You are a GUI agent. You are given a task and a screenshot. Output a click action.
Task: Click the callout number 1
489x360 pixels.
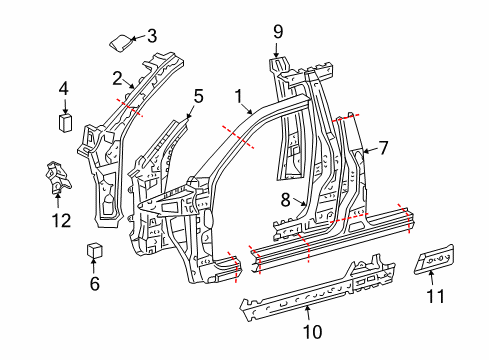click(x=239, y=96)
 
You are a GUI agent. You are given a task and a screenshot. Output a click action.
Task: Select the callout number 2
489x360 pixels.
click(x=117, y=77)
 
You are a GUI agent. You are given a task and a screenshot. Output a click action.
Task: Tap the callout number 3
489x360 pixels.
click(x=152, y=37)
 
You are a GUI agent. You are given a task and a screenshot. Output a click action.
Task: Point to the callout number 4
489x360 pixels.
click(x=63, y=89)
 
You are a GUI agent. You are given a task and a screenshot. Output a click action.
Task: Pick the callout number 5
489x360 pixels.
click(x=198, y=96)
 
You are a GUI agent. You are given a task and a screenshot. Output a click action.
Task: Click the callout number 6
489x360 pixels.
click(x=95, y=283)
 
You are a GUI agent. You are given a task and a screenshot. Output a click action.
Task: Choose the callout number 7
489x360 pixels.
click(x=383, y=149)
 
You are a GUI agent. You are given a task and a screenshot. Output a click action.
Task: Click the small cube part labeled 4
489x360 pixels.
click(x=63, y=122)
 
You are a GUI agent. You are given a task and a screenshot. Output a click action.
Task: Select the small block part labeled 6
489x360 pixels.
click(x=94, y=249)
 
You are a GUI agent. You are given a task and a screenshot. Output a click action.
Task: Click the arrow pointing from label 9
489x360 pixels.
click(x=279, y=49)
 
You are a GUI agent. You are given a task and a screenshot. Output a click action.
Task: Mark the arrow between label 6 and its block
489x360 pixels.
click(x=95, y=267)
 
